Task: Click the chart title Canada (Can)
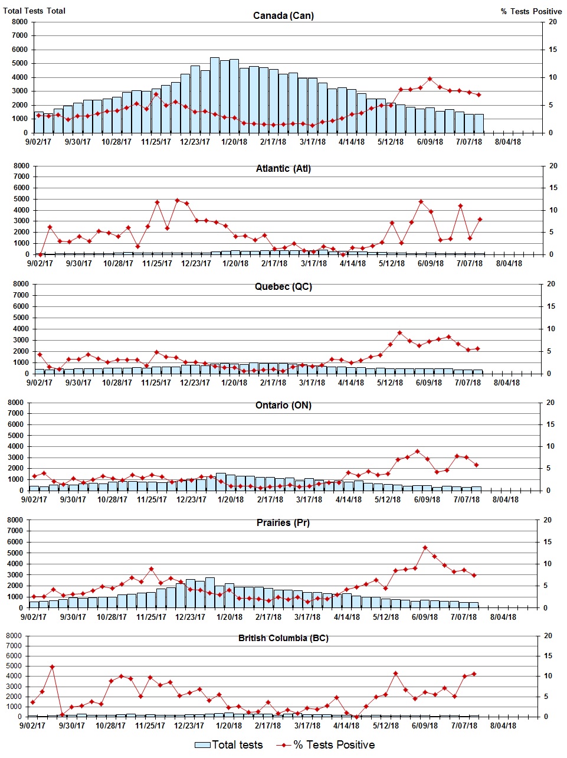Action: pos(283,15)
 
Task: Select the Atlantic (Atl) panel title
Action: pos(283,169)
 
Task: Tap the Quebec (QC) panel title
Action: pos(283,287)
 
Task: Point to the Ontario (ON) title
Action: pos(283,406)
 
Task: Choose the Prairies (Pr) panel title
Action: pos(283,523)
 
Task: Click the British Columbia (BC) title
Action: pos(283,638)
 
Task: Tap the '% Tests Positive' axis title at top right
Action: pos(531,11)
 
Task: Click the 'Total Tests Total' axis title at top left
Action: pos(34,11)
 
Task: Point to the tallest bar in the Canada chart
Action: pos(215,94)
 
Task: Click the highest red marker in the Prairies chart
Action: pos(425,548)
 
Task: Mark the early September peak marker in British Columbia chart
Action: pos(52,667)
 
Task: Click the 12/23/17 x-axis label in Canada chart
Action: pos(195,142)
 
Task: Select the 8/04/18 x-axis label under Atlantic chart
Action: pos(509,263)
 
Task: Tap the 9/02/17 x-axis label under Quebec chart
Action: pos(40,383)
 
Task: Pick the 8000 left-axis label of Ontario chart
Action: pos(16,403)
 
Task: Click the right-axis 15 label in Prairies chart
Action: pos(547,542)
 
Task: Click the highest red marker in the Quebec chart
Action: pos(399,333)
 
